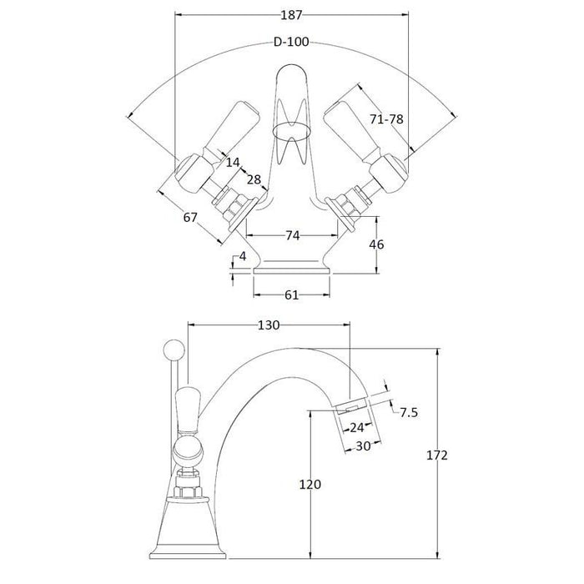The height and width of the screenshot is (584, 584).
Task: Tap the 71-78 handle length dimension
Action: [x=386, y=120]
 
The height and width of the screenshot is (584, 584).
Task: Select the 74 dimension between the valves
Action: [x=292, y=236]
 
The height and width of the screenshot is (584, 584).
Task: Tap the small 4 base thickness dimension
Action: [x=242, y=257]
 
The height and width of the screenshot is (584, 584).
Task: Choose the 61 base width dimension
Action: [x=292, y=295]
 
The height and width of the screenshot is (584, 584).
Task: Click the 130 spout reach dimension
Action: [x=269, y=325]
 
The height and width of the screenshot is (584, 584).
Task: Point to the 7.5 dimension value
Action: [x=408, y=413]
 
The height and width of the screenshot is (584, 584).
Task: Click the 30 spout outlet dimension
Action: [x=362, y=446]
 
